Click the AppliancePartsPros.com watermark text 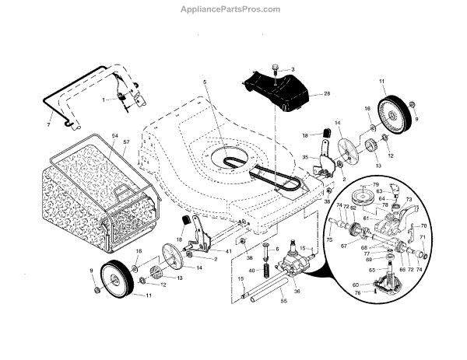[x=233, y=9]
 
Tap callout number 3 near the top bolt [x=293, y=70]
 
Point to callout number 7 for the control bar [x=49, y=124]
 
